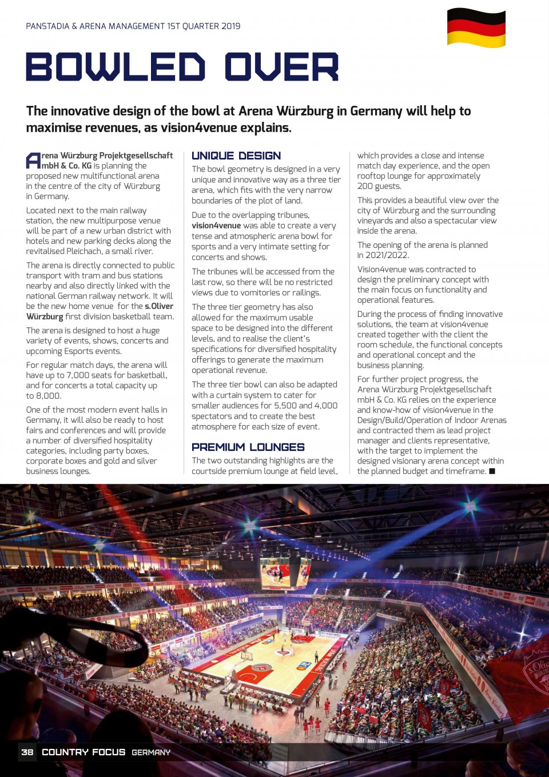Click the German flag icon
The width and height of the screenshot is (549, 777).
tap(476, 27)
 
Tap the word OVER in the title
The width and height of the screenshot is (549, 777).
tap(281, 68)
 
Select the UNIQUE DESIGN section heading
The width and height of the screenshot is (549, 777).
tap(236, 156)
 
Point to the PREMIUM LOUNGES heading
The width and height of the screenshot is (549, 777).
tap(248, 447)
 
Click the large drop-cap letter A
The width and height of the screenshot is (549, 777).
tap(33, 161)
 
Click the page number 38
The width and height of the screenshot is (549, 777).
tap(27, 752)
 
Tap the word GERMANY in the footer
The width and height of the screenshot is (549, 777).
tap(151, 752)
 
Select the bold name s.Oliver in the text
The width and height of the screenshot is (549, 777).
tap(159, 306)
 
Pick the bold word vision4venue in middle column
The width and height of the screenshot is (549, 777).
tap(216, 225)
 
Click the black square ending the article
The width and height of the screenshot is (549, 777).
tap(492, 471)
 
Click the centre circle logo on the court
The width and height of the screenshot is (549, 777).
tap(261, 667)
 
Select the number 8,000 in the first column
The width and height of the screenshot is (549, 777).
tap(49, 396)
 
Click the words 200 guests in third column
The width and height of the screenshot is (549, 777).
tap(379, 186)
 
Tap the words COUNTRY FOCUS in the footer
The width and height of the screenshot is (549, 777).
tap(83, 752)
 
